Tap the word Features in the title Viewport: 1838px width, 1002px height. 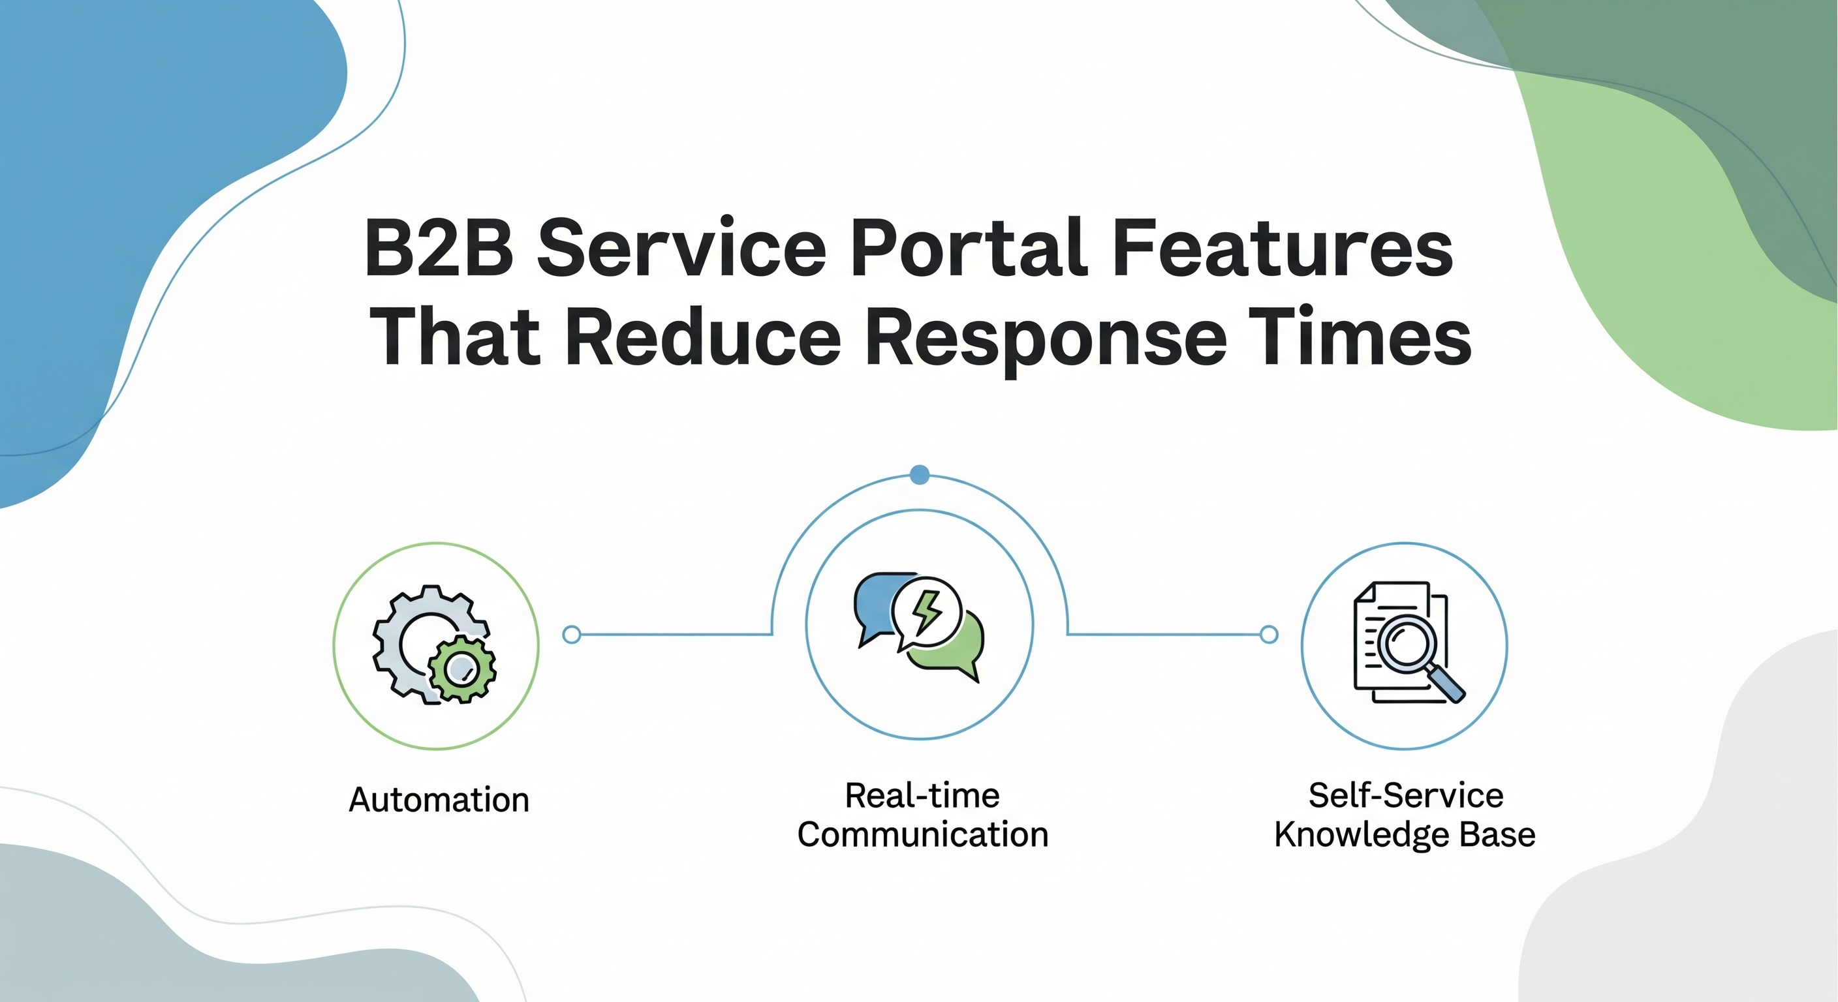1282,248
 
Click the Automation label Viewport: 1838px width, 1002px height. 439,800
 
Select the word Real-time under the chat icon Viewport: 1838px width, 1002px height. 922,796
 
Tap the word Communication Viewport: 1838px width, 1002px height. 922,835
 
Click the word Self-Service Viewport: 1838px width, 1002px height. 1406,796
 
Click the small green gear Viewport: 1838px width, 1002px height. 462,669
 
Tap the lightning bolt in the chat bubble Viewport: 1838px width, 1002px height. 927,612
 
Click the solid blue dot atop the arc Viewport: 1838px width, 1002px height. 920,474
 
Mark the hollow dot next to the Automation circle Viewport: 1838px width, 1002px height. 572,634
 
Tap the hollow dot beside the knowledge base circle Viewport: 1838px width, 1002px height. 1269,634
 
